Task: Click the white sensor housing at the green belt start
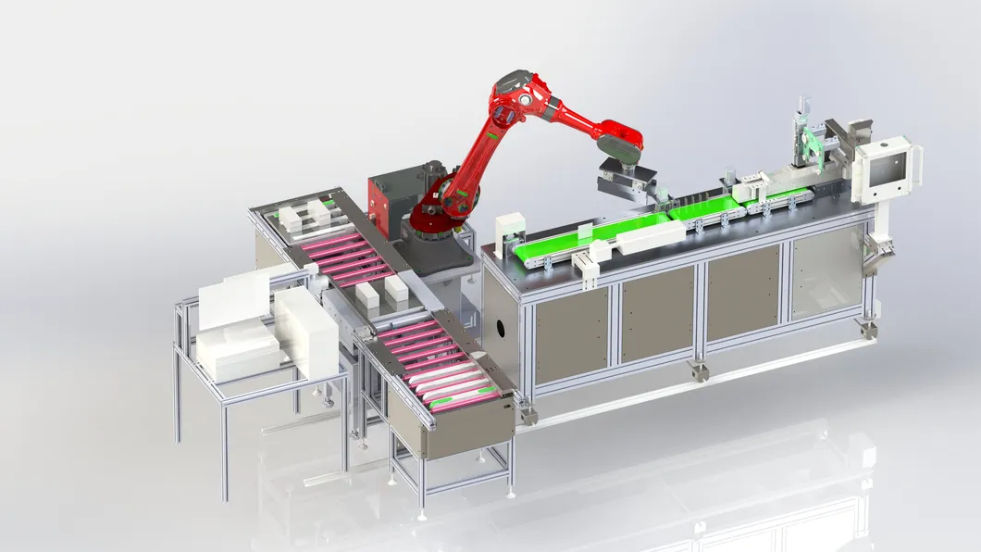510,232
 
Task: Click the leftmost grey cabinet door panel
571,335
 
